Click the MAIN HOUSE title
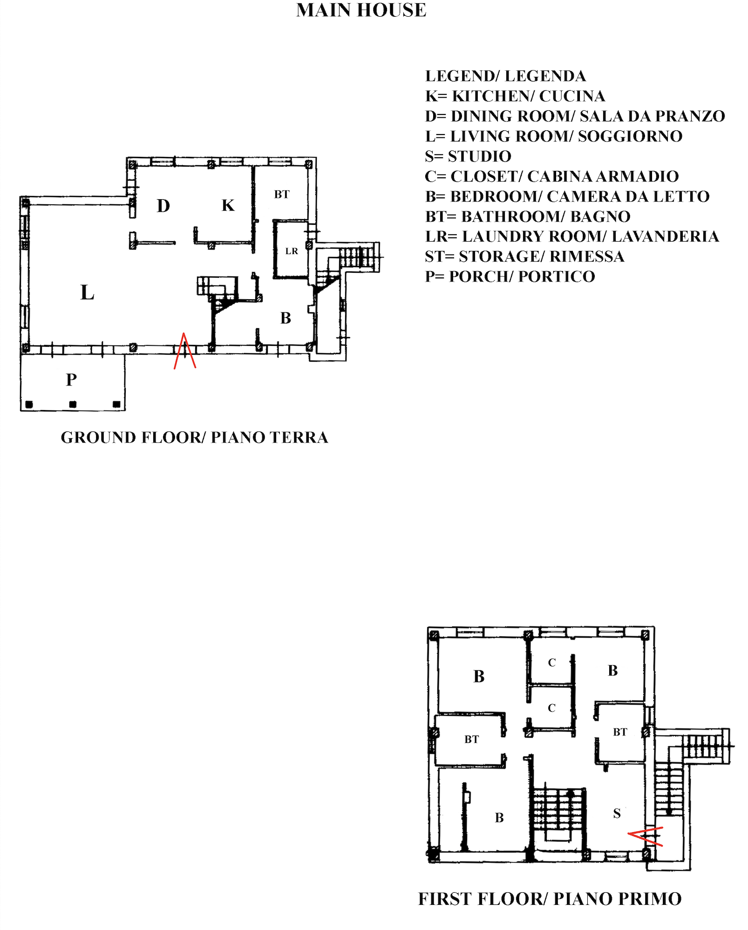coord(361,10)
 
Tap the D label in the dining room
coord(163,206)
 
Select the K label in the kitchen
coord(228,205)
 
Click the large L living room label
coord(87,293)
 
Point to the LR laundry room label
coord(292,251)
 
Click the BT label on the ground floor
coord(282,195)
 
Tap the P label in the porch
coord(71,380)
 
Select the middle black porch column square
coord(73,404)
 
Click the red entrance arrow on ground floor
coord(184,351)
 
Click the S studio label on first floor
coord(617,814)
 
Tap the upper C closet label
coord(552,663)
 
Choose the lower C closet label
coord(552,708)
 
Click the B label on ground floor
coord(286,318)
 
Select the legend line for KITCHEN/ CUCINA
coord(515,96)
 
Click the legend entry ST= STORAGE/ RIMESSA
coord(524,256)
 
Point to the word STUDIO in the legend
coord(479,156)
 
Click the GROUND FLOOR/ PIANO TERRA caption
coord(194,438)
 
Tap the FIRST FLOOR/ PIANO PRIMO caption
coord(550,899)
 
